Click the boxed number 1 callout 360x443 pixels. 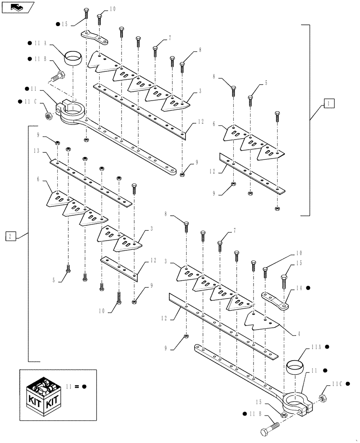click(x=329, y=104)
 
